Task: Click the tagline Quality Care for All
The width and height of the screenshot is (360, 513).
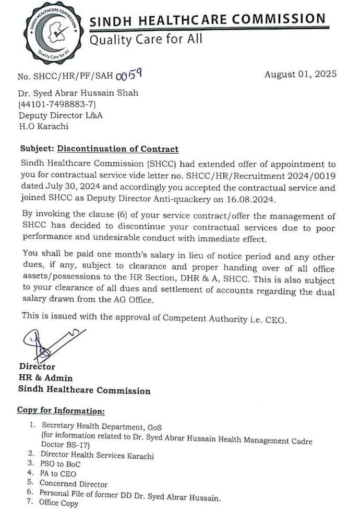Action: click(x=146, y=39)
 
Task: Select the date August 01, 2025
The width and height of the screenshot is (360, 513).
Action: click(x=300, y=74)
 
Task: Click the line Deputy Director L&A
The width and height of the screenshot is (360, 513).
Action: click(x=61, y=115)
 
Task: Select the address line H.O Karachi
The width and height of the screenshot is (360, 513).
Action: click(x=43, y=126)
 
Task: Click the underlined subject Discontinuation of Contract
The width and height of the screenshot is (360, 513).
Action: click(x=117, y=149)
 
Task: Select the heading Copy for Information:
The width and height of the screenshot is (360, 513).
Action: click(x=61, y=410)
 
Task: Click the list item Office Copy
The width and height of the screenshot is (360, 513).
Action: click(x=59, y=503)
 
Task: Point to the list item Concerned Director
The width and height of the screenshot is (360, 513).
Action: click(x=74, y=484)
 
